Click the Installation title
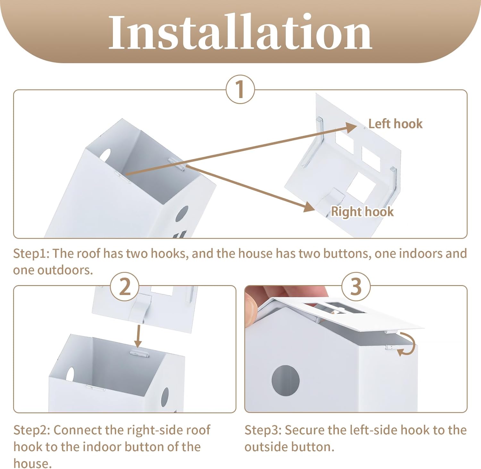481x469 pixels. click(x=240, y=32)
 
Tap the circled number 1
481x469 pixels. click(x=240, y=89)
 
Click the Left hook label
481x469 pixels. click(x=395, y=124)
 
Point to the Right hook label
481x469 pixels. click(x=362, y=211)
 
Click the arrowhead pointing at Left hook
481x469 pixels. click(x=351, y=128)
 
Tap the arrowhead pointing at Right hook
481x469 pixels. click(x=309, y=207)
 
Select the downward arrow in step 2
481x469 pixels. click(x=138, y=336)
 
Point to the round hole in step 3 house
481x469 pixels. click(x=285, y=381)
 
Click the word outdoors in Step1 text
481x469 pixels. click(x=65, y=270)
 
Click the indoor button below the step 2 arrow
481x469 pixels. click(x=139, y=353)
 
